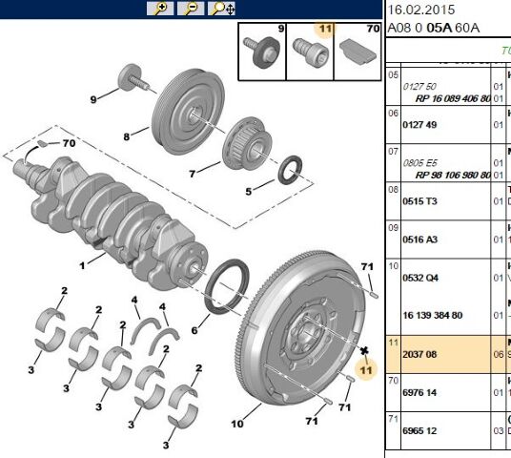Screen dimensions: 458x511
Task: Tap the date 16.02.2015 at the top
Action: coord(419,10)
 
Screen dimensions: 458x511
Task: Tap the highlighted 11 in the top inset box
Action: coord(324,31)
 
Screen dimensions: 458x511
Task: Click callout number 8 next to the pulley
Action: coord(126,136)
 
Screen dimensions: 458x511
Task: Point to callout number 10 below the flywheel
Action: coord(237,423)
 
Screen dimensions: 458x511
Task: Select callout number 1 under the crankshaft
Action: coord(83,262)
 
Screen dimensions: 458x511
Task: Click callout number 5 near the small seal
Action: coord(250,191)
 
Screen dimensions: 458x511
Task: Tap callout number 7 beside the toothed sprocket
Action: coord(191,174)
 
